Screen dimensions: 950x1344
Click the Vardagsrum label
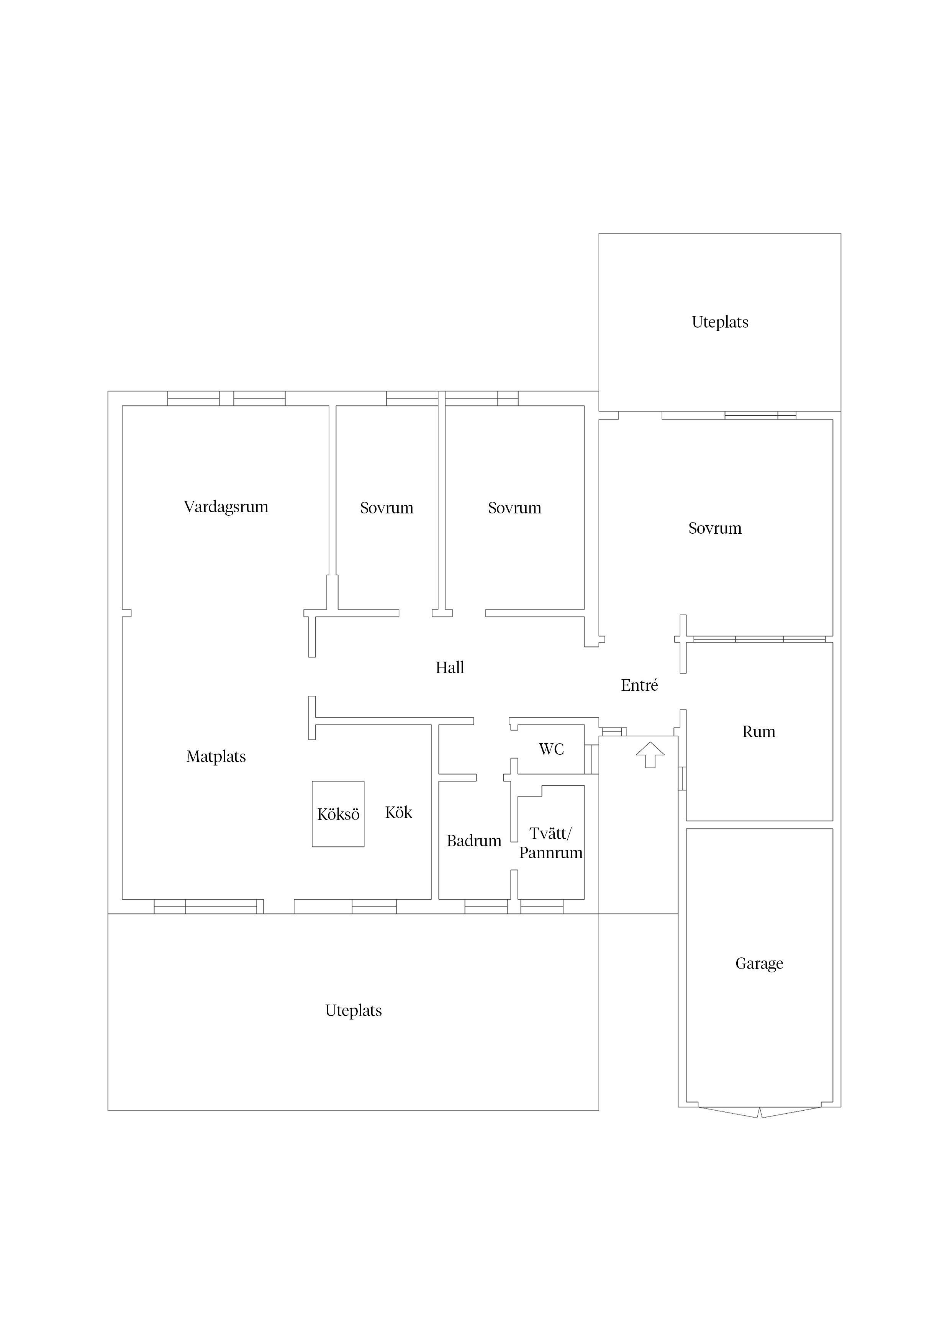coord(226,507)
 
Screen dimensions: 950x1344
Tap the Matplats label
coord(216,757)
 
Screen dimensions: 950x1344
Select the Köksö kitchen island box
coord(338,814)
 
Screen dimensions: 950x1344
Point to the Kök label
coord(399,813)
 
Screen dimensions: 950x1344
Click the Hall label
coord(450,668)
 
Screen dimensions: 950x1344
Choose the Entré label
coord(639,685)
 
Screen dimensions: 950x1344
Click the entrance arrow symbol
coord(650,754)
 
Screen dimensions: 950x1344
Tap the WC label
coord(551,749)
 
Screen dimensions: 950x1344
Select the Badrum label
coord(474,841)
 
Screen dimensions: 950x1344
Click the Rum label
coord(758,732)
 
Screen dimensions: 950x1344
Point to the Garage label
coord(759,964)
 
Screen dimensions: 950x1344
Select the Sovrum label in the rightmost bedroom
coord(715,529)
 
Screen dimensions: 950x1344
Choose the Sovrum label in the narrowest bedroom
coord(387,508)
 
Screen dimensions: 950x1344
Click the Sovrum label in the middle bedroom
coord(514,508)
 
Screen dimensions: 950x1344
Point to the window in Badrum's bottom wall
coord(486,906)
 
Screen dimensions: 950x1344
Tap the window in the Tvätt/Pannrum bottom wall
coord(542,906)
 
